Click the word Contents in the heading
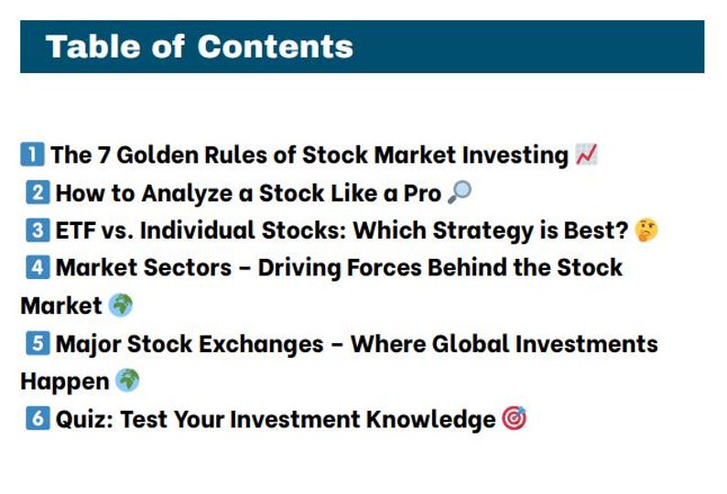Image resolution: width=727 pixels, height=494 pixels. point(275,46)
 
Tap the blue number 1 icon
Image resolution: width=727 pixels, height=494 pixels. point(32,155)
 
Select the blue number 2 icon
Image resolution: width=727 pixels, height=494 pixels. point(38,193)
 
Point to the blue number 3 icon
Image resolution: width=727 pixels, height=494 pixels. point(38,231)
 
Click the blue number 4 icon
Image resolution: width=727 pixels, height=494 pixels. point(38,268)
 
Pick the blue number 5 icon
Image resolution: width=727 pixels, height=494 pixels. point(38,344)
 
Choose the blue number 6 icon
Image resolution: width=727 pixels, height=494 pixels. point(38,419)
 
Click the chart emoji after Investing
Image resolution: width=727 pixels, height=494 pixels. point(587,155)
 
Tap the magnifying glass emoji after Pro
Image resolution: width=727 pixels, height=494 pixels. point(461,192)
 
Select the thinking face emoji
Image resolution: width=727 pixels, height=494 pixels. point(646,231)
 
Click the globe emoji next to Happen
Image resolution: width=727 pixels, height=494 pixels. point(128,381)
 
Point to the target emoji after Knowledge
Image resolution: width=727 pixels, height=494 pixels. point(515,419)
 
